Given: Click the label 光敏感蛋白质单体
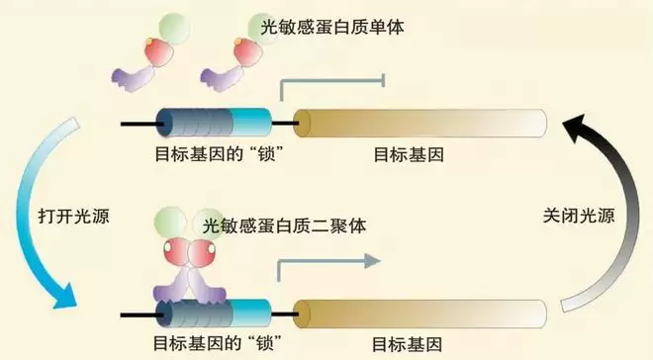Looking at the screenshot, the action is coord(332,28).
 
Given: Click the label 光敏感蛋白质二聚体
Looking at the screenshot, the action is coord(284,225).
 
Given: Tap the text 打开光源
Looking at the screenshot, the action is coord(74,216).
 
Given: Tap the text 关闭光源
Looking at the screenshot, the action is coord(579,216).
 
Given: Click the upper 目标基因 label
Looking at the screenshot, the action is coord(409,155).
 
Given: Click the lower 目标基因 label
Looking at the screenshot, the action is coord(407,345).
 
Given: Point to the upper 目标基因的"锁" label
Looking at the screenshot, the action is coord(216,154).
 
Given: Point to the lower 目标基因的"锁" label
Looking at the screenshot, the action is coord(216,344).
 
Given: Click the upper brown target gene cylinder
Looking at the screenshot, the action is coord(420,124).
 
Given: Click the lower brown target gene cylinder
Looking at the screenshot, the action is coord(420,314).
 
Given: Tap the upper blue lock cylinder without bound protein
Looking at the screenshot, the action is coord(214,123).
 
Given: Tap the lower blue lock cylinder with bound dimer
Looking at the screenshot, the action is coord(214,314).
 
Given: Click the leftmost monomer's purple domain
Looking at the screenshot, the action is coord(134,78).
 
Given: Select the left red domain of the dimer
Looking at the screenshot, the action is coord(176,252).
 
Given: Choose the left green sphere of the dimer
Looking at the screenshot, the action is coord(170,222).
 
